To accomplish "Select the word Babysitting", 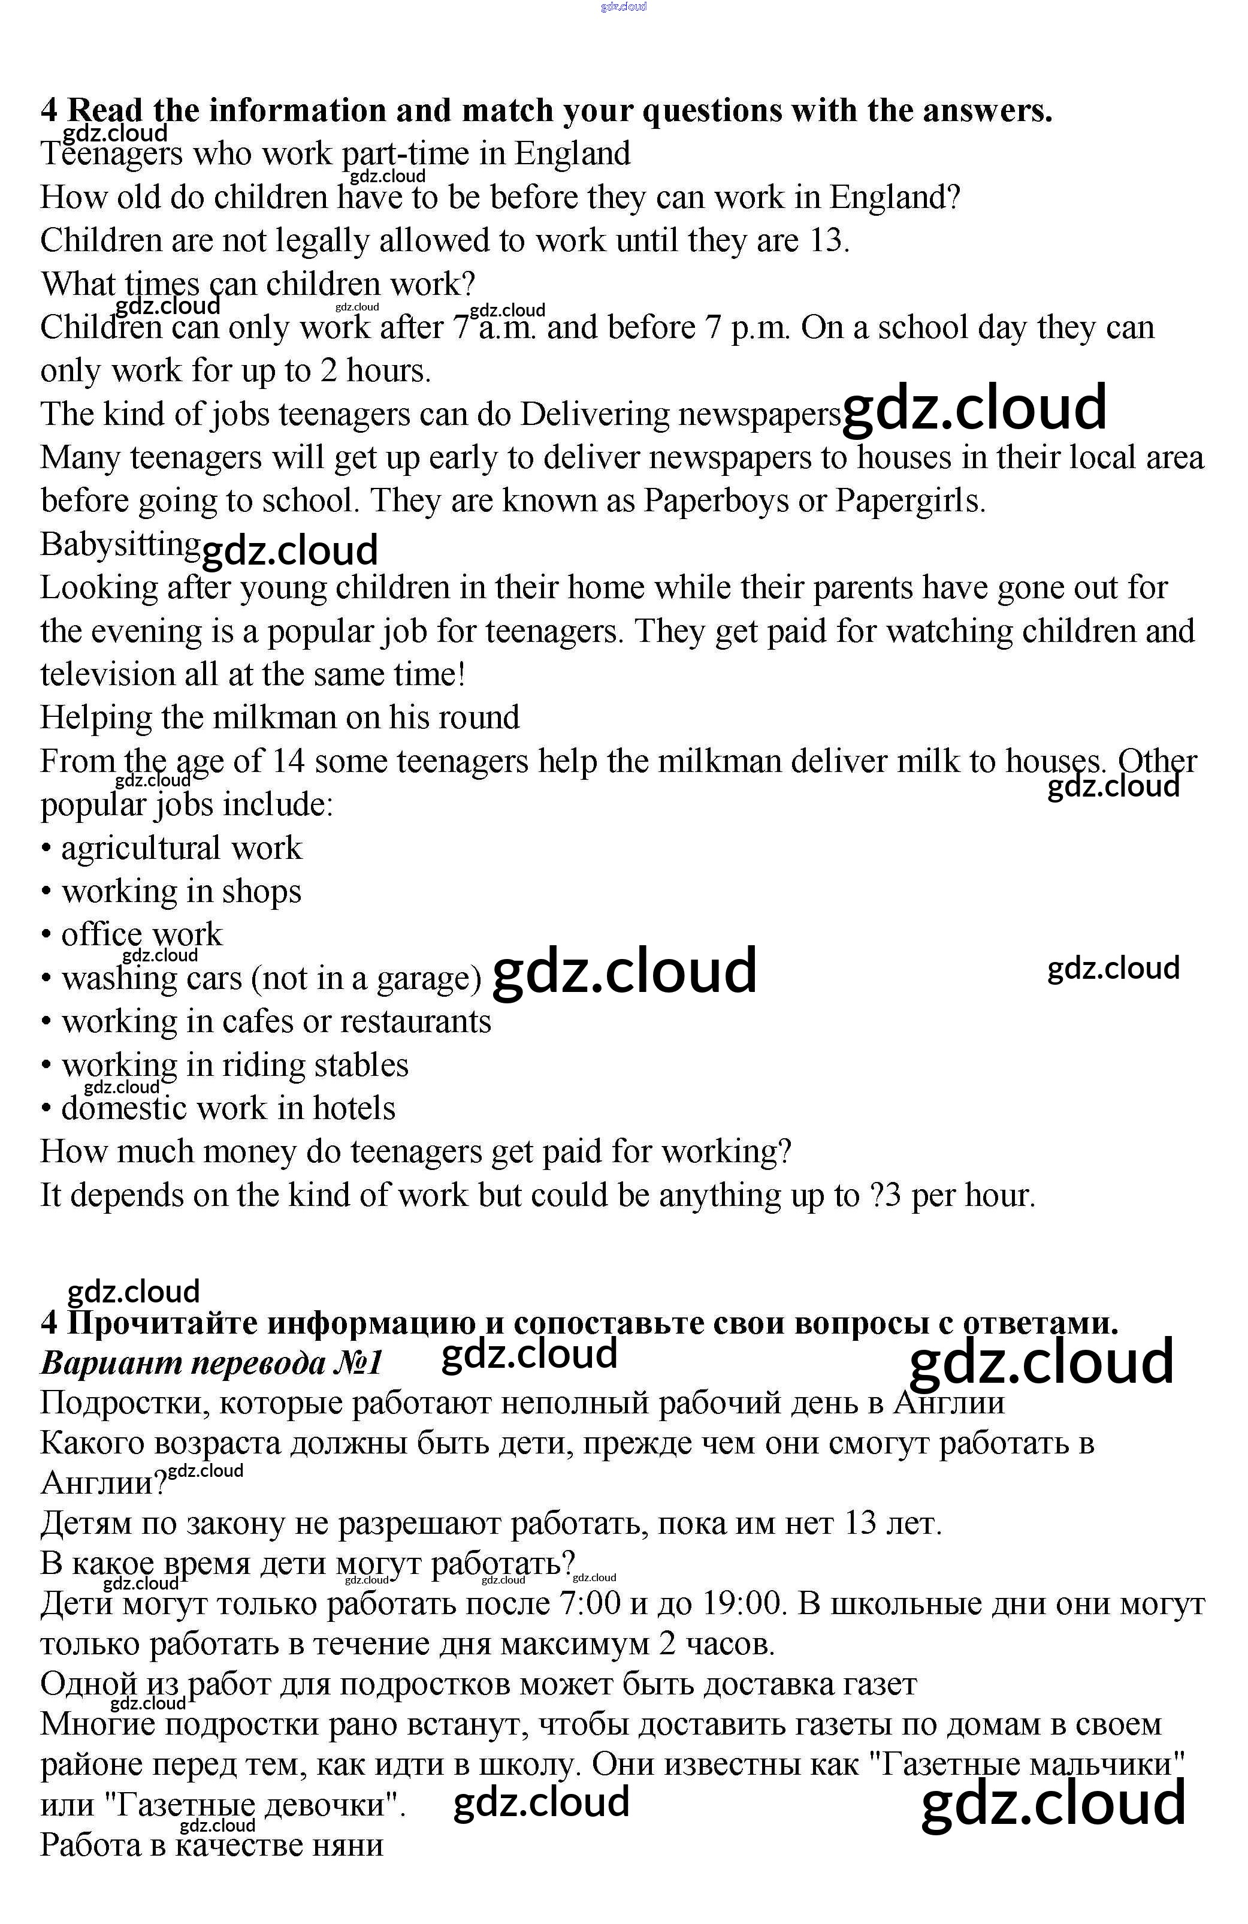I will [x=120, y=545].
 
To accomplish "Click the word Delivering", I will [x=594, y=414].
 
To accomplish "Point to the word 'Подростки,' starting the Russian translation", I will [x=125, y=1403].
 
